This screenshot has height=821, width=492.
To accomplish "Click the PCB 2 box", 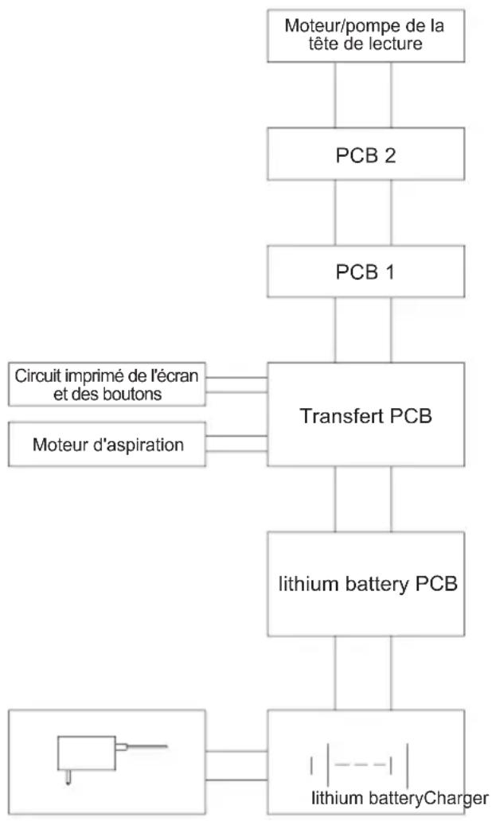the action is point(365,154).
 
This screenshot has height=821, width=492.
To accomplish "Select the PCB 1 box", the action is point(365,272).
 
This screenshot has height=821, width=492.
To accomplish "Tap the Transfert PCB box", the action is point(365,414).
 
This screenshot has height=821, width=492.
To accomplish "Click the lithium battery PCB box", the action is point(365,584).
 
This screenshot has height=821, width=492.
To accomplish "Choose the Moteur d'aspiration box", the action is point(107,445).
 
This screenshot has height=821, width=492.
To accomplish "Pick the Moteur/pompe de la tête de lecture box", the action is point(365,36).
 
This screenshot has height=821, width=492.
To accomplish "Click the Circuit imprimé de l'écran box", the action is point(107,383).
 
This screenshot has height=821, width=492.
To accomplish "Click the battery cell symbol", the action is point(359,765).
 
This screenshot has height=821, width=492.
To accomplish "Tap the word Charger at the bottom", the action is point(456,799).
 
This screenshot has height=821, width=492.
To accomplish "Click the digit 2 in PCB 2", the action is point(389,155).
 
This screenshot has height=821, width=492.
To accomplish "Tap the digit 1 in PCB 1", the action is point(389,272).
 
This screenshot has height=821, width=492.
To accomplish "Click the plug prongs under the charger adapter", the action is point(68,777).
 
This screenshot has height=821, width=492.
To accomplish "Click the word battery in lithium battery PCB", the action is point(377,585).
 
